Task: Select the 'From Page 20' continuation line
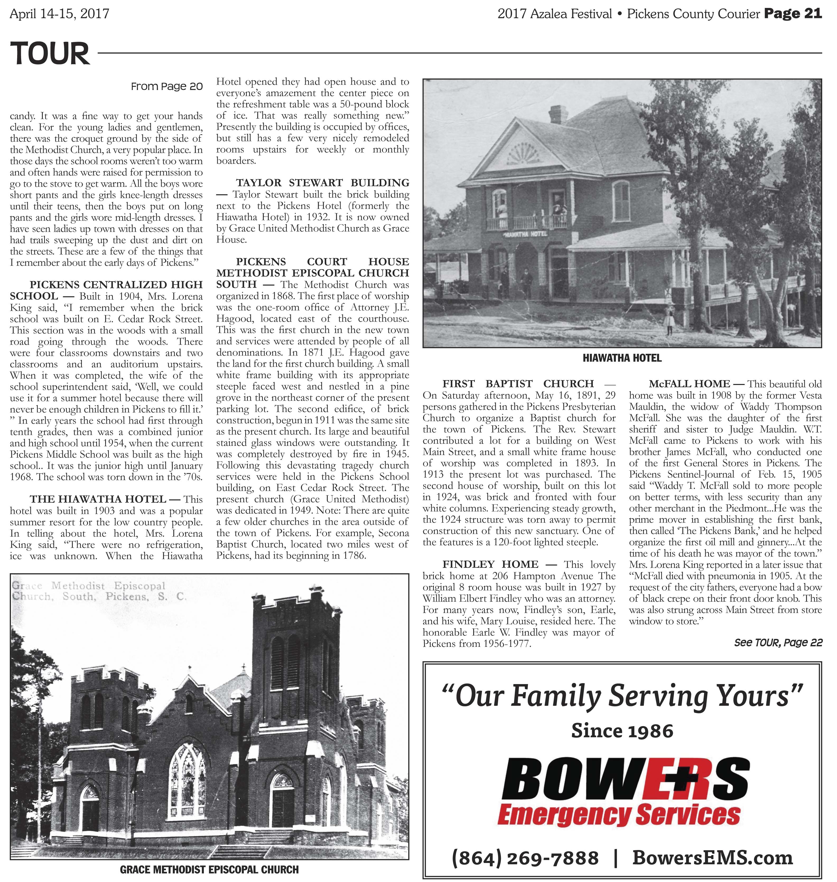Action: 167,87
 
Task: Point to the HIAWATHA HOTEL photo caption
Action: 622,358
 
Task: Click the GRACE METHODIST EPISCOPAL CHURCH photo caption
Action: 209,870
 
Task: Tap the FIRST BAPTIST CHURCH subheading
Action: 518,384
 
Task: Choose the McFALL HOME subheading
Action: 689,384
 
